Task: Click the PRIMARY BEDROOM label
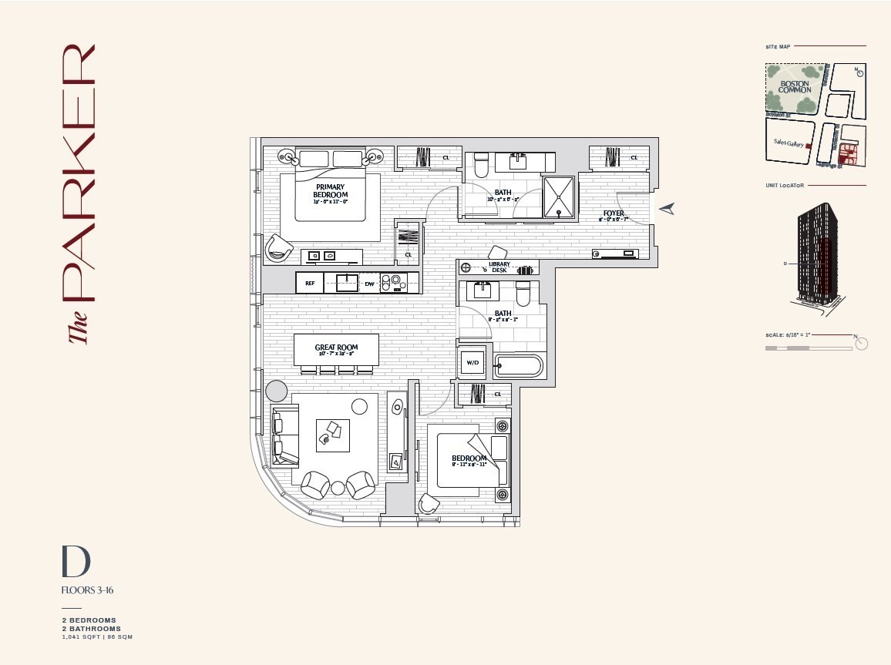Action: (330, 191)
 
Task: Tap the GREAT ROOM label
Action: (336, 348)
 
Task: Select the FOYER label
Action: (614, 213)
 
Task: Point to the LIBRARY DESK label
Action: (499, 267)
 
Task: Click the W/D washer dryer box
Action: (471, 362)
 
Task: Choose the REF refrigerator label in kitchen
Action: (310, 283)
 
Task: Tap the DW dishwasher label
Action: (369, 283)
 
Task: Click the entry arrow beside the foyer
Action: (667, 208)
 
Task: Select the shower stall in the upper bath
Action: (557, 197)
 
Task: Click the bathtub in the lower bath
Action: (519, 364)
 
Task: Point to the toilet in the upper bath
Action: (481, 166)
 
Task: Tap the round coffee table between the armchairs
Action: (338, 487)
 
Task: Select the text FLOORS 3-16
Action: (88, 591)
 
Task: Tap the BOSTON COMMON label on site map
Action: (795, 87)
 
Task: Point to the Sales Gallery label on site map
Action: (788, 143)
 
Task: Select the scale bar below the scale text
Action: (808, 348)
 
